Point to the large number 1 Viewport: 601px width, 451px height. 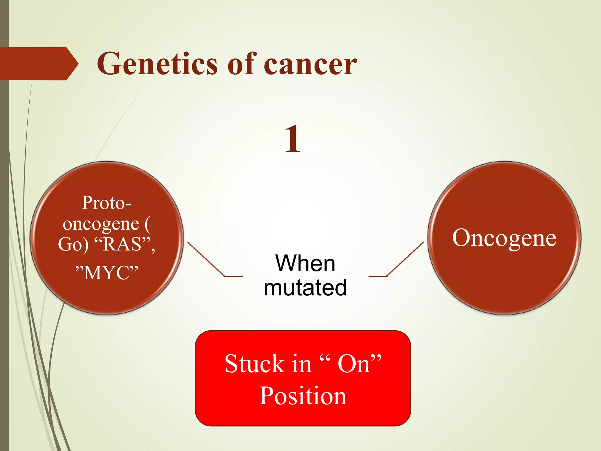[292, 139]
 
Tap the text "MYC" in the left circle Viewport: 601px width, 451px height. [107, 272]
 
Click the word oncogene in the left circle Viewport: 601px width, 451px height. [101, 224]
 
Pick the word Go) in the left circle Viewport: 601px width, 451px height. [73, 244]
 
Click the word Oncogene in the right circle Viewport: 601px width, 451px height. [504, 238]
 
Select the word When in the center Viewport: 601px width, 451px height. [305, 263]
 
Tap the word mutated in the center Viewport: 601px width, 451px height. [305, 288]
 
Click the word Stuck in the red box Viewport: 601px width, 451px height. [254, 364]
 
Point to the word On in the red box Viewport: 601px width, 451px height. [353, 364]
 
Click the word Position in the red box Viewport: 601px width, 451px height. [303, 396]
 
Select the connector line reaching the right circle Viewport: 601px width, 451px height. [405, 259]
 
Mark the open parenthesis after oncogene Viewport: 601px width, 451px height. [148, 224]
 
